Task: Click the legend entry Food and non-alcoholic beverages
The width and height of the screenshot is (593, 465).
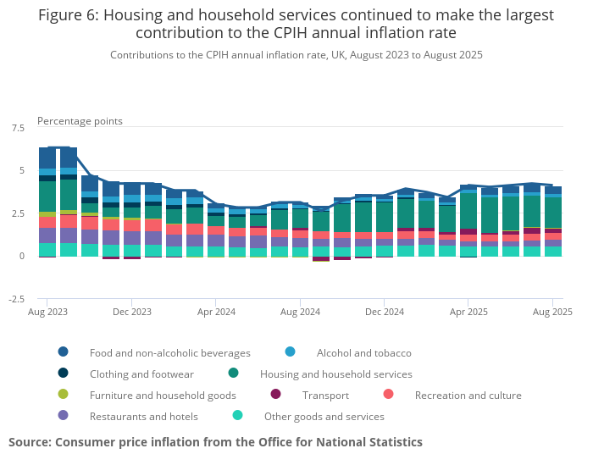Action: (169, 352)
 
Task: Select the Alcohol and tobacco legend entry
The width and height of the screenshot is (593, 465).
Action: (363, 352)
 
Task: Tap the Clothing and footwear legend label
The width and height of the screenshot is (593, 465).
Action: (141, 374)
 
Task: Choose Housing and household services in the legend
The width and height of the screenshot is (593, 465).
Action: (335, 374)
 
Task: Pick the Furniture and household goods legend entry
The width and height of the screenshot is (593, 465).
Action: (163, 395)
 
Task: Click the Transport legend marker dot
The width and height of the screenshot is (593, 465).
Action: (275, 395)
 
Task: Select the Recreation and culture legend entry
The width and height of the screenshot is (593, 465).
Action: (468, 395)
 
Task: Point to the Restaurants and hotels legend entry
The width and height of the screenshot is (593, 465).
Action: (143, 416)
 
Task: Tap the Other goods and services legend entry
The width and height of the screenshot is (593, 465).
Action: (324, 416)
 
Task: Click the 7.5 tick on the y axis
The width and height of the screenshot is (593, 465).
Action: (18, 128)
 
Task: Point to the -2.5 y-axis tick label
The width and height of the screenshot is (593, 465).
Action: (16, 299)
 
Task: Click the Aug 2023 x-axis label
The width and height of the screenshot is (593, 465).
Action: (47, 312)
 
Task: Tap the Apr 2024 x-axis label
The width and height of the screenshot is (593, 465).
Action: (216, 312)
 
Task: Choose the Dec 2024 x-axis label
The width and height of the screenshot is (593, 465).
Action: (384, 312)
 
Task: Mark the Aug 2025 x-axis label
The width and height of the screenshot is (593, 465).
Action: (552, 312)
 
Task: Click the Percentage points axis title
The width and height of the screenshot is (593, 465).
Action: (80, 121)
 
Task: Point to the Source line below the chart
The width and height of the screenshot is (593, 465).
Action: (215, 442)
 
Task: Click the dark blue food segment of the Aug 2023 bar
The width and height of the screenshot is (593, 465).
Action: (47, 158)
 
